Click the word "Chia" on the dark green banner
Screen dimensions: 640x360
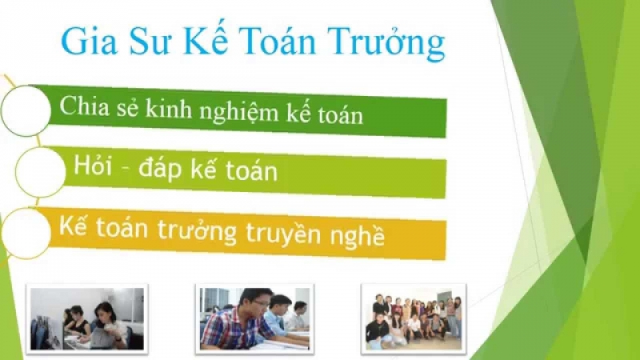[x=85, y=106]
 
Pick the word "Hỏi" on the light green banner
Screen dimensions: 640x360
[x=93, y=166]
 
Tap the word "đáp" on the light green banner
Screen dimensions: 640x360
[x=159, y=169]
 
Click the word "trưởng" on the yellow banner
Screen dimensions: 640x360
[x=196, y=230]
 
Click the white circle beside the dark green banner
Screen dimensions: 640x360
[x=26, y=110]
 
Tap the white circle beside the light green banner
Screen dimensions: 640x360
[x=41, y=172]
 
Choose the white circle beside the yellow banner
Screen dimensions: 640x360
[x=26, y=233]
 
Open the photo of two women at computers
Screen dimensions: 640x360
[x=87, y=318]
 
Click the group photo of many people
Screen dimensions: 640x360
[x=414, y=318]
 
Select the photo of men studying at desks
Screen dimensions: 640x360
[x=254, y=318]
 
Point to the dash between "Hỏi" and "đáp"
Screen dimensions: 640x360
[x=125, y=168]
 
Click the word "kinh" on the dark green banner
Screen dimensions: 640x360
[x=169, y=109]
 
